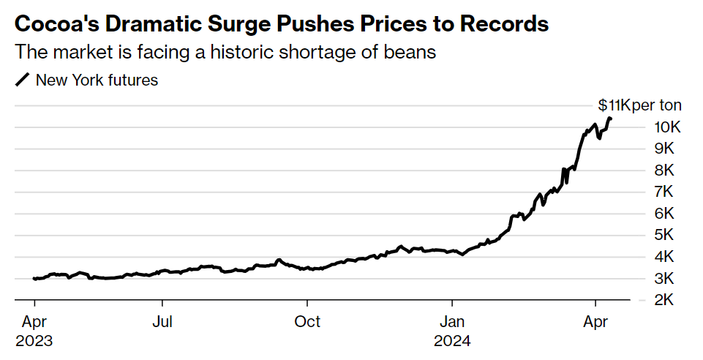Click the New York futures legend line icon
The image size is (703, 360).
23,80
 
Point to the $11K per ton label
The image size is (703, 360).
639,105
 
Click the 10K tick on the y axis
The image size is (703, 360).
667,127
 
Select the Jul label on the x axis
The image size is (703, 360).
163,322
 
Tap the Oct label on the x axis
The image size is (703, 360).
308,322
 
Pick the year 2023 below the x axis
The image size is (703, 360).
35,341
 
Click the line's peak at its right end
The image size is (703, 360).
610,119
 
